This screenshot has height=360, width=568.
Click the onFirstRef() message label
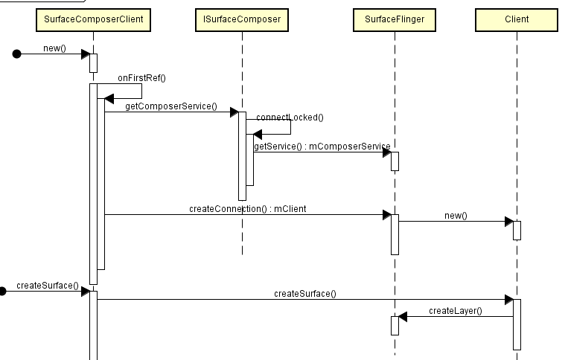[x=141, y=77]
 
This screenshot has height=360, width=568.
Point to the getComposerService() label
[x=170, y=106]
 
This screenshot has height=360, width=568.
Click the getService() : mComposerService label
[x=322, y=147]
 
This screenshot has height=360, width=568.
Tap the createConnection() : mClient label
[x=248, y=209]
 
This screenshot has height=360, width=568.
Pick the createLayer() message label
[x=455, y=310]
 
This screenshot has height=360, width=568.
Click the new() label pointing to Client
[x=455, y=215]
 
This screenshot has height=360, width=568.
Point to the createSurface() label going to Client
[x=304, y=293]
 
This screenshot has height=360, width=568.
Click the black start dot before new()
[x=16, y=54]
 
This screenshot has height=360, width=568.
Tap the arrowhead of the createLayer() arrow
[x=403, y=317]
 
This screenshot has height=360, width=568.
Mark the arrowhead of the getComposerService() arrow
[x=234, y=112]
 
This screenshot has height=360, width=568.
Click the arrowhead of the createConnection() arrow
[x=386, y=215]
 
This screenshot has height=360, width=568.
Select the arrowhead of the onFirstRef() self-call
[x=109, y=98]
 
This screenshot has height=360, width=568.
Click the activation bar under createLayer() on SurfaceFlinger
[x=395, y=325]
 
